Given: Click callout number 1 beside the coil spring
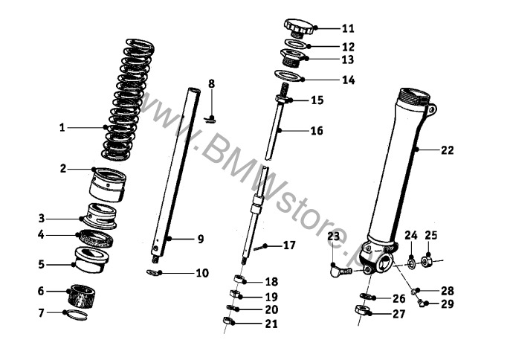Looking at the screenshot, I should pos(63,127).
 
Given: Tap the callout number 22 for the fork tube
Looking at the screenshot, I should pos(447,150).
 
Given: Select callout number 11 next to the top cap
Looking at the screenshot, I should pos(348,29).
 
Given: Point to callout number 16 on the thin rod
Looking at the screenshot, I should pos(317,131).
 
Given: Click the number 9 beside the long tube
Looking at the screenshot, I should pos(200,239).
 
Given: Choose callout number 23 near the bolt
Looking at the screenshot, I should pos(333,236).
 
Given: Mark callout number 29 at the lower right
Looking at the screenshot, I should pos(447,303).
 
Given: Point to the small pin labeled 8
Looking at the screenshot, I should pos(212,116).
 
